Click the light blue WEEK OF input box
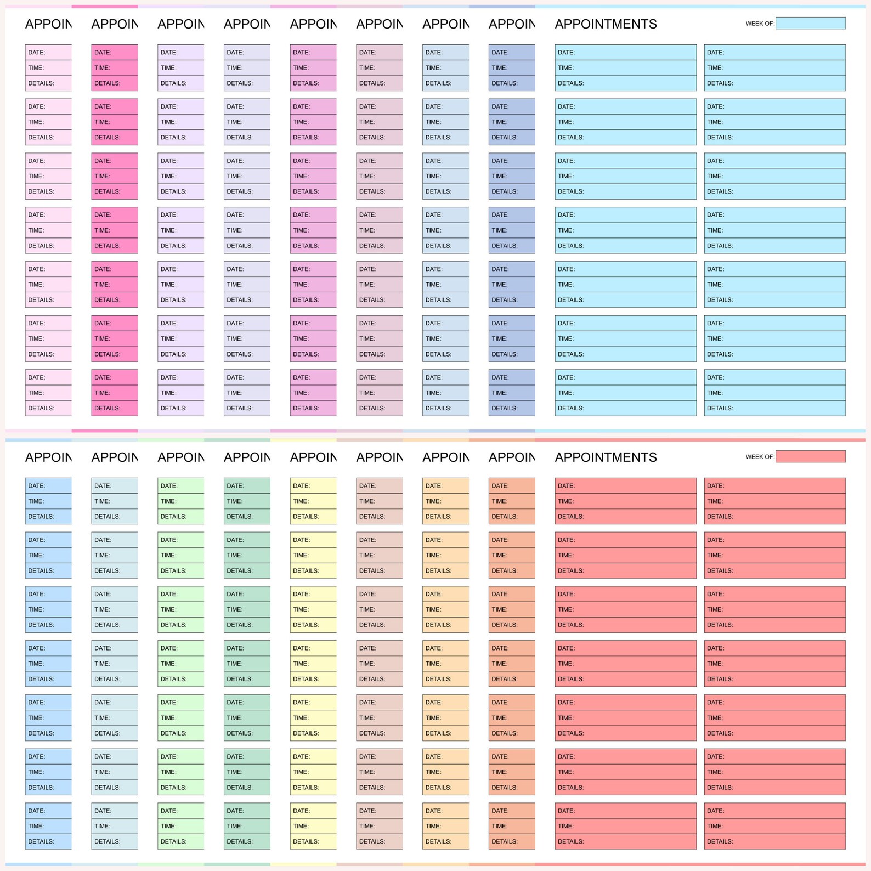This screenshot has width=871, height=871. coord(810,23)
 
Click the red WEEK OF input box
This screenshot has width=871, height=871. coord(810,456)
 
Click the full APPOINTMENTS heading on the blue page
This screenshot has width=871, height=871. coord(606,24)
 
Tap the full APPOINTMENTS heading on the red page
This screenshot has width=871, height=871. coord(606,457)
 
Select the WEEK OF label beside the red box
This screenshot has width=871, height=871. coord(760,457)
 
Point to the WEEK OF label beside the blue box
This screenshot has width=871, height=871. coord(760,24)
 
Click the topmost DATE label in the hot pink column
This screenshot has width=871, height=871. coord(103,53)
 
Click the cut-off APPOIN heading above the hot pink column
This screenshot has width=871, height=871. coord(114,24)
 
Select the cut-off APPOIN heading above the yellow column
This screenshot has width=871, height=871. coord(313,457)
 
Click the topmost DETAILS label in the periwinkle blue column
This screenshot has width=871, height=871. coord(504,83)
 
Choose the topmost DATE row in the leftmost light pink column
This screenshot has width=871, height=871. coord(48,53)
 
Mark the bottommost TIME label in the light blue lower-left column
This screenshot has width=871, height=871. coord(36,826)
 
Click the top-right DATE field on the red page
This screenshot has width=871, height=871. coord(774,486)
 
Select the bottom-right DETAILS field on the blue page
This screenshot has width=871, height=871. coord(774,408)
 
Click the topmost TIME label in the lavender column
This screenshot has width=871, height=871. coord(168,68)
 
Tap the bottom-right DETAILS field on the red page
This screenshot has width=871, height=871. coord(774,841)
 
